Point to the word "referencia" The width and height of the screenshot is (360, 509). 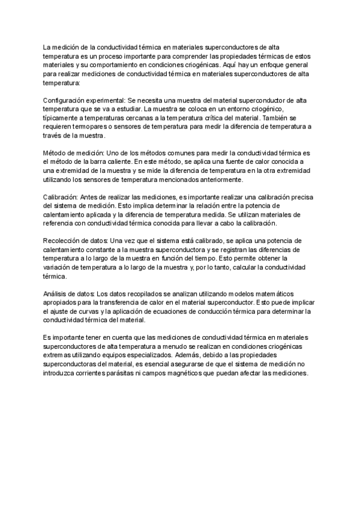pos(62,223)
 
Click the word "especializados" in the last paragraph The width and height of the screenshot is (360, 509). pos(145,356)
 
